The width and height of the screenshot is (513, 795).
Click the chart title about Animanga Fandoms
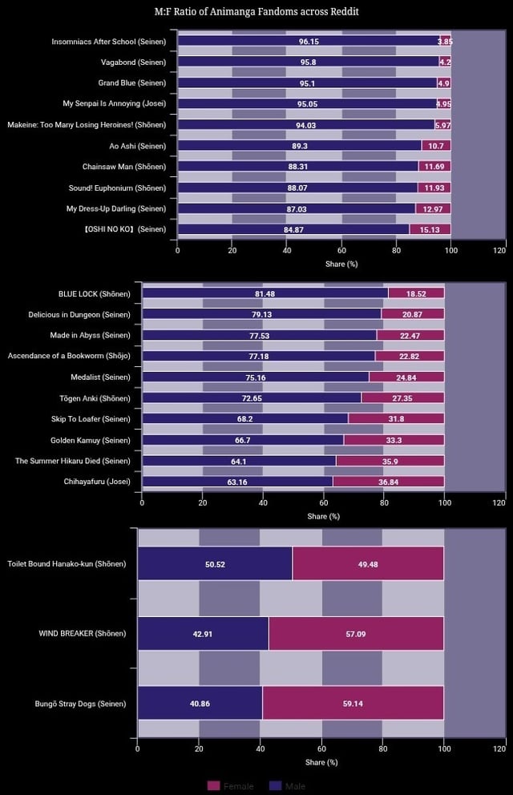click(x=256, y=12)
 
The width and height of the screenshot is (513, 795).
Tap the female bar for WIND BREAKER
click(x=356, y=633)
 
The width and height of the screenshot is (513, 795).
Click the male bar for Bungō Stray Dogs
click(x=200, y=703)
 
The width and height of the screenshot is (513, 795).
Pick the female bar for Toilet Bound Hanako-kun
click(x=368, y=563)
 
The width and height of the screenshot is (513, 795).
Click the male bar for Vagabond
click(x=308, y=62)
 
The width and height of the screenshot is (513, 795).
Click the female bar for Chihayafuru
click(x=388, y=482)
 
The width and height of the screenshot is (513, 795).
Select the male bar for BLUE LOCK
click(x=265, y=293)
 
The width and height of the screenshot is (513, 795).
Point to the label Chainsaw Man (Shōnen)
click(x=124, y=167)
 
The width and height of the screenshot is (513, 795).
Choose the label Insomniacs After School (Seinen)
click(x=109, y=41)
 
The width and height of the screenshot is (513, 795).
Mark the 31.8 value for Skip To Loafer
click(x=396, y=419)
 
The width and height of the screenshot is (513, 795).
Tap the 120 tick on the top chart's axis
click(x=500, y=250)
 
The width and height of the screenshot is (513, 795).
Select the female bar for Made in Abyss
click(x=410, y=335)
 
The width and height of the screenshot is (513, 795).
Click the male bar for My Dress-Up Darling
click(x=296, y=208)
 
